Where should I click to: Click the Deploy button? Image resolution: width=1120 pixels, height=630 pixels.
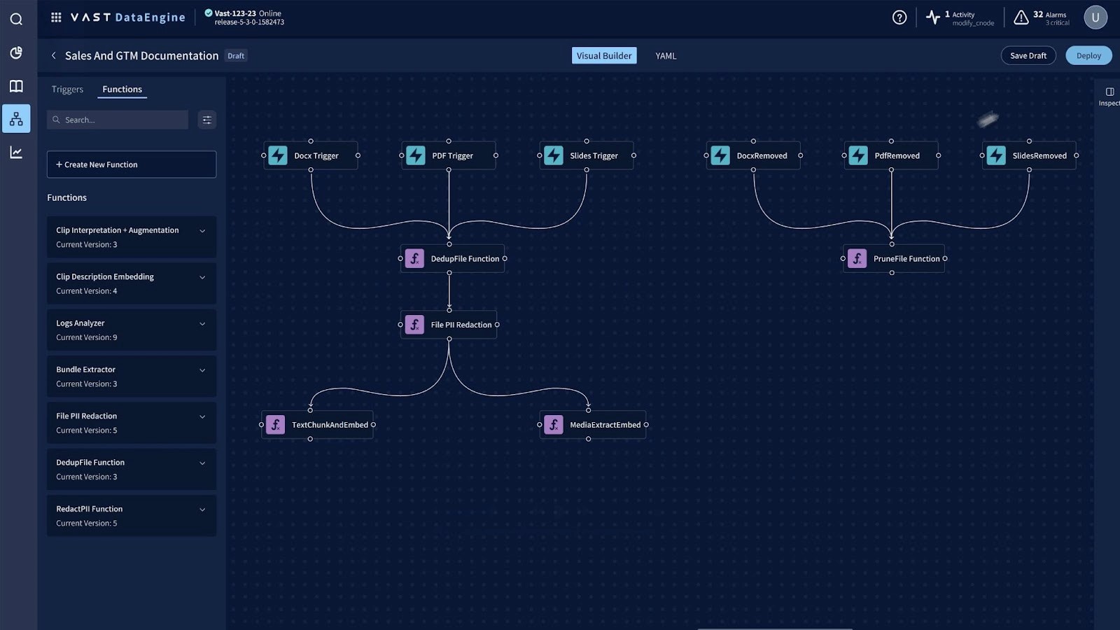tap(1088, 55)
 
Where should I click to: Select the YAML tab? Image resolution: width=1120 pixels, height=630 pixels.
tap(666, 56)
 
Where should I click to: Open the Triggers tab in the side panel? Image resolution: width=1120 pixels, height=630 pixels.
tap(67, 90)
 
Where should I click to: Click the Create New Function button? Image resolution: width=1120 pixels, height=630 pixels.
tap(132, 164)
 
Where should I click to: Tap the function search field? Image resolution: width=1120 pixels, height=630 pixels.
tap(122, 120)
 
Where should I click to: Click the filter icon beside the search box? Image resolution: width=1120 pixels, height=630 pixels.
tap(206, 120)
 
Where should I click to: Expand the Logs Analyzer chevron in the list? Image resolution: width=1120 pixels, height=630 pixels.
tap(202, 323)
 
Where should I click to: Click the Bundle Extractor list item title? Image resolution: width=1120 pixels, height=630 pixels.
tap(86, 370)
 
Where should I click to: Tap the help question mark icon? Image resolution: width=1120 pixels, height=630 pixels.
tap(899, 17)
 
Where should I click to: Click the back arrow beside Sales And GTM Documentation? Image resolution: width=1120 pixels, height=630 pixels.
tap(53, 55)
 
